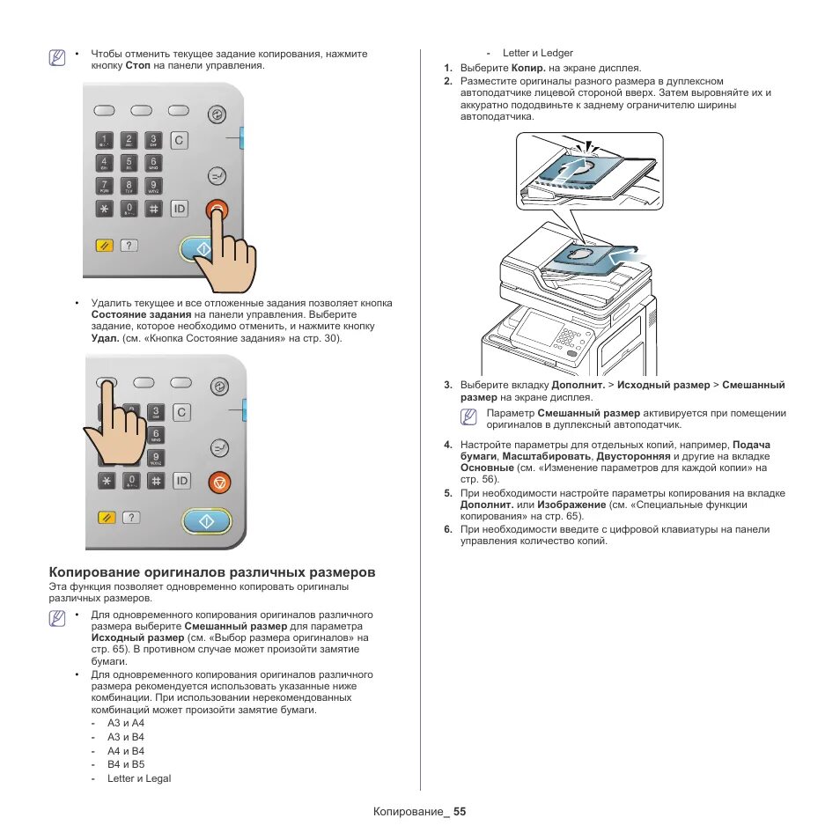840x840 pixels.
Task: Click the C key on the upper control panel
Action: pos(180,140)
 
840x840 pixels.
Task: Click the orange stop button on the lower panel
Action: pos(219,482)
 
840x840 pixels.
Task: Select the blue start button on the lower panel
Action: pos(206,521)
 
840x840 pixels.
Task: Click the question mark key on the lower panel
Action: pos(130,518)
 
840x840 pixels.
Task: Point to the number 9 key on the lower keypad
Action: pos(155,457)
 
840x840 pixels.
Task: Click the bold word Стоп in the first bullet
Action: pos(137,66)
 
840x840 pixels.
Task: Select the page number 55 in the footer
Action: pos(459,811)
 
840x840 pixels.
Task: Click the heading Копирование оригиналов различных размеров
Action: pos(212,571)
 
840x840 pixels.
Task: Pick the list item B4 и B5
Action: pos(126,764)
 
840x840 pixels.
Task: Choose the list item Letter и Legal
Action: pos(139,778)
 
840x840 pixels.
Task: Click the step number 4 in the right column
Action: pos(447,445)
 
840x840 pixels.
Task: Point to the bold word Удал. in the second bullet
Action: pos(105,338)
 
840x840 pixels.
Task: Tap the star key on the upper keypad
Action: pos(106,209)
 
